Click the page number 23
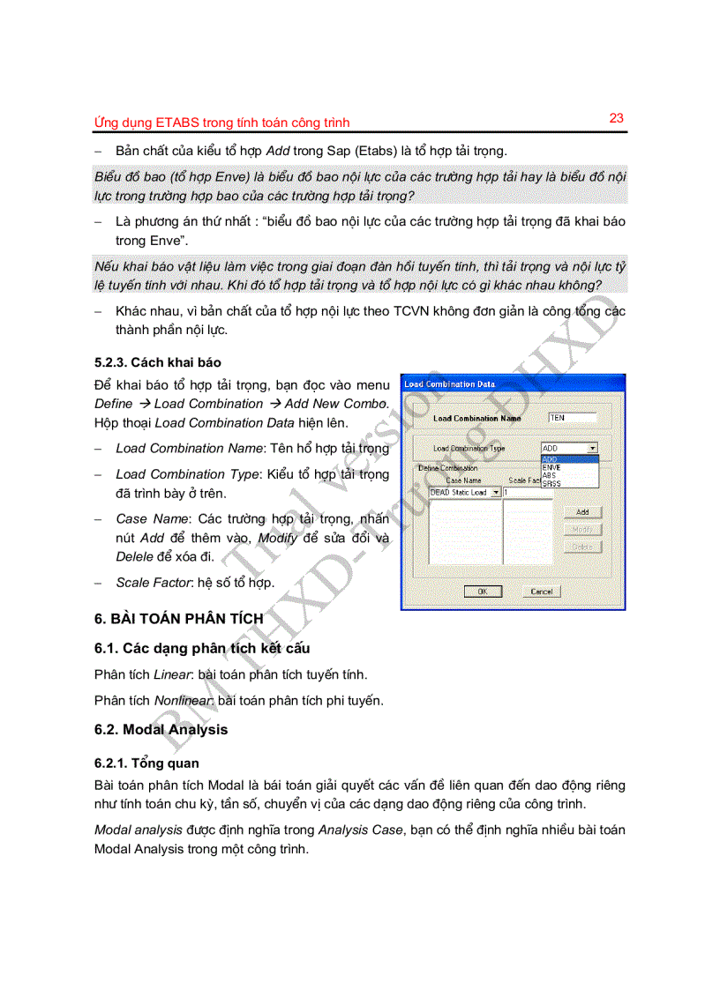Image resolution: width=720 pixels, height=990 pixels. click(616, 118)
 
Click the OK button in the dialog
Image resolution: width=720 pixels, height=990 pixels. click(483, 592)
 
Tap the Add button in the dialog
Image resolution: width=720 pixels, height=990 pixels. click(582, 512)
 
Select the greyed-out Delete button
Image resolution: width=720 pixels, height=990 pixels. click(582, 547)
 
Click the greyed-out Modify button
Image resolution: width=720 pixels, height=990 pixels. click(582, 530)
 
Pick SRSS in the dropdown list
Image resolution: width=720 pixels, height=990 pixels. click(551, 484)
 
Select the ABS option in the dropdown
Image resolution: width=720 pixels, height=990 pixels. click(549, 476)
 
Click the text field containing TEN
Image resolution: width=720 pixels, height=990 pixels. click(571, 418)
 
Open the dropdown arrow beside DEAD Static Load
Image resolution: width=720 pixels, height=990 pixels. click(495, 493)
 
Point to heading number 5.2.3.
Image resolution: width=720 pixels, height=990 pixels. click(111, 362)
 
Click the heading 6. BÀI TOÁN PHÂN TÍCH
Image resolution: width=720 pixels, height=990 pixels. click(178, 619)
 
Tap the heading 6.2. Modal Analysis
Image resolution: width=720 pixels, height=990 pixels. click(161, 729)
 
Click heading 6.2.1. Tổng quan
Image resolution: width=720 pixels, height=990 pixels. click(146, 763)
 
